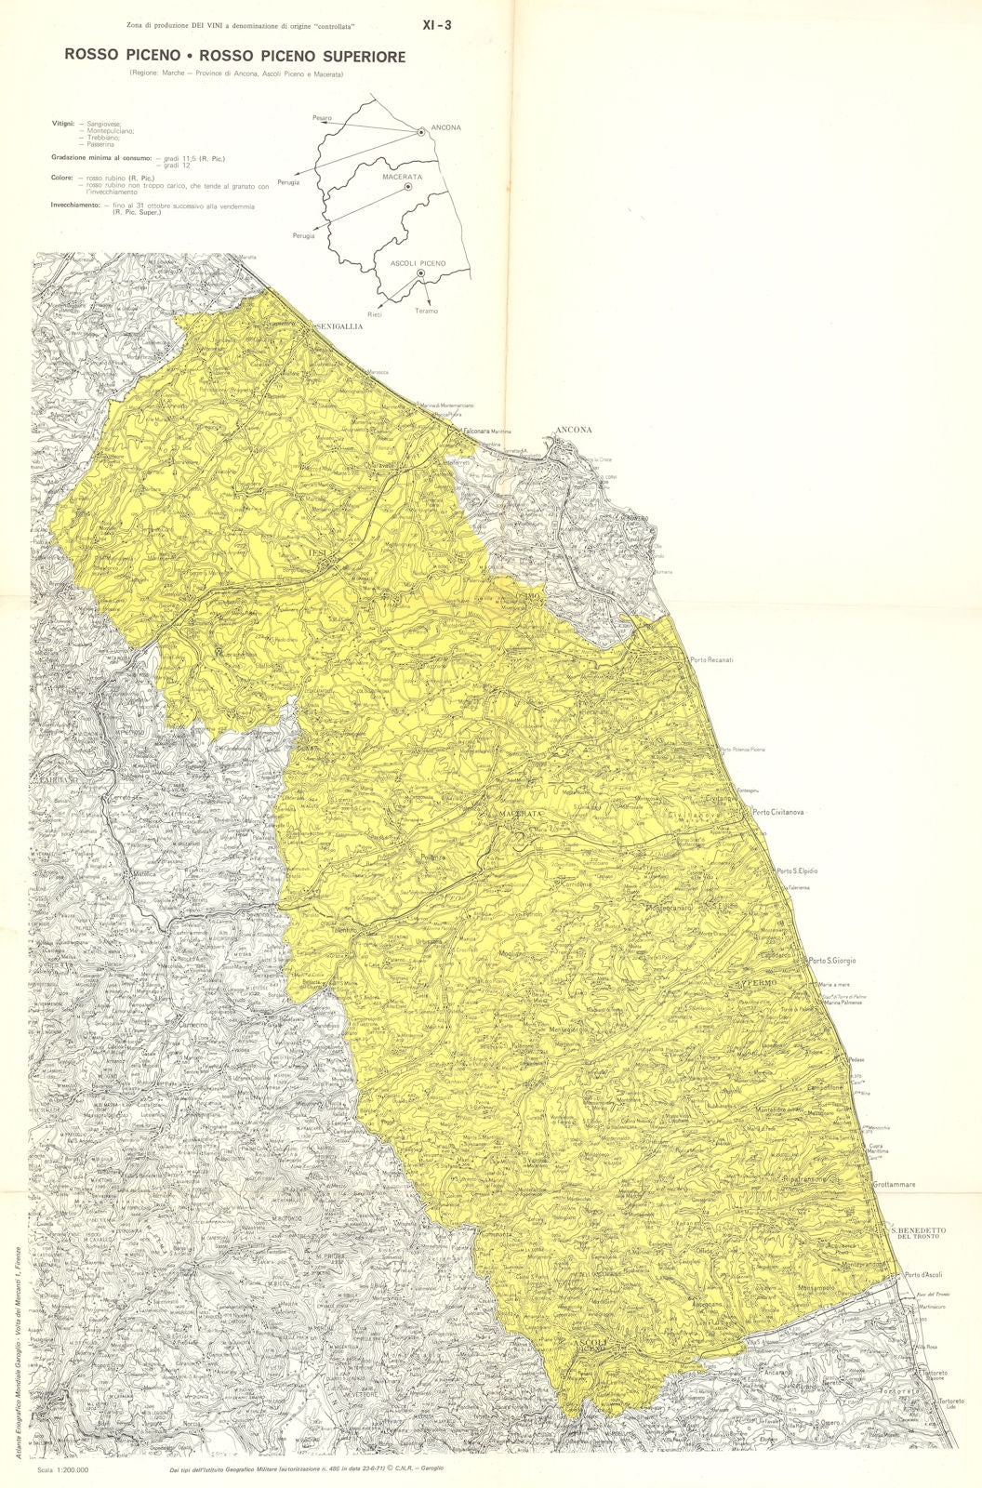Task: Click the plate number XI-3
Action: click(x=437, y=26)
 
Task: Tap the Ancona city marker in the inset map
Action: click(x=421, y=133)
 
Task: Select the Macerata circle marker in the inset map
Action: click(x=408, y=187)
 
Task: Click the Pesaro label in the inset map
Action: click(x=322, y=118)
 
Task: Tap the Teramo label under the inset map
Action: click(x=426, y=311)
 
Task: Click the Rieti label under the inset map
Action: click(x=375, y=314)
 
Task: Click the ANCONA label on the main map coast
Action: click(x=573, y=430)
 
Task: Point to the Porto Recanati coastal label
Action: click(x=711, y=660)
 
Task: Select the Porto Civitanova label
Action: click(x=778, y=812)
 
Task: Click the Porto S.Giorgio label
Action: click(x=831, y=961)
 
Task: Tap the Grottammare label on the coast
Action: click(x=895, y=1185)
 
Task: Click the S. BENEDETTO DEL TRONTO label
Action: click(x=919, y=1233)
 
